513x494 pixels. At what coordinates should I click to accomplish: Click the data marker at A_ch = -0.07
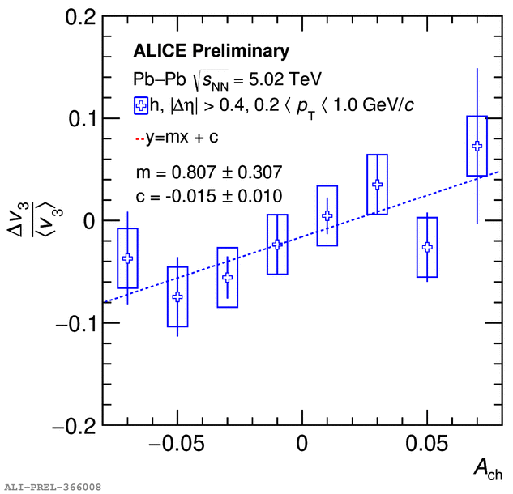tap(127, 258)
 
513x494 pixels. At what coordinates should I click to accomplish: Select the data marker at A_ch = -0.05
tap(177, 297)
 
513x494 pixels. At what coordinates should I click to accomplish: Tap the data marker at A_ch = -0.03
tap(228, 278)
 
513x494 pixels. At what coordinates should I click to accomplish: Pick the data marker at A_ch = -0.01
tap(277, 244)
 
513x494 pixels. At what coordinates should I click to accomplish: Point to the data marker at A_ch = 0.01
tap(327, 215)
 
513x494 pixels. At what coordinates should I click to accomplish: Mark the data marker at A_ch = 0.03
tap(377, 184)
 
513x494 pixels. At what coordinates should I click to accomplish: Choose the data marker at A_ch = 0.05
tap(427, 247)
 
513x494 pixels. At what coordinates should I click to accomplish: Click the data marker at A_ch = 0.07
tap(477, 146)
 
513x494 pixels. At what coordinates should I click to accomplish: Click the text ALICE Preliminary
tap(211, 52)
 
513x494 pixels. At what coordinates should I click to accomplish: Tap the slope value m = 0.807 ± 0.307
tap(208, 172)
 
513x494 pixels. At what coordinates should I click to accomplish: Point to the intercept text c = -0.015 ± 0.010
tap(208, 195)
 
